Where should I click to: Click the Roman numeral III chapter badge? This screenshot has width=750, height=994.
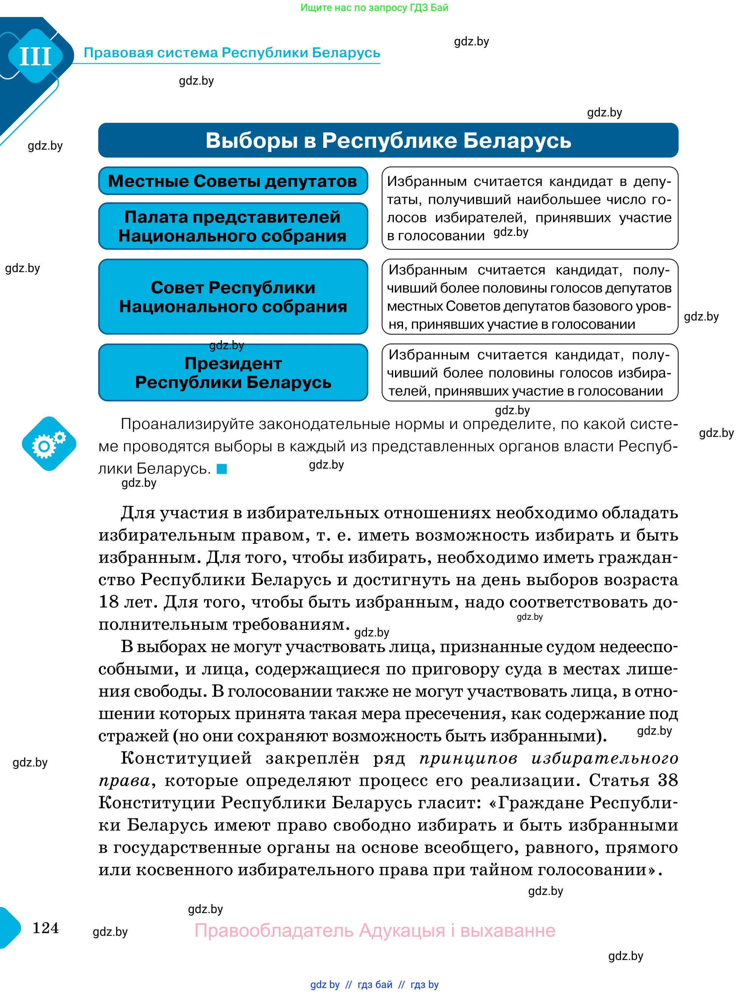click(36, 56)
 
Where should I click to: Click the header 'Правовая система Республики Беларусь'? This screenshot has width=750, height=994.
click(231, 53)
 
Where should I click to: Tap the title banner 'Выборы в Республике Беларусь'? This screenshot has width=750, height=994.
click(388, 140)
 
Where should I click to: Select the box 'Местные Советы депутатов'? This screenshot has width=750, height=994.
click(233, 181)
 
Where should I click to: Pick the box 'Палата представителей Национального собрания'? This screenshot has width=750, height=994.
click(233, 226)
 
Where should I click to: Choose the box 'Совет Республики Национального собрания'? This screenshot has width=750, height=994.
click(233, 297)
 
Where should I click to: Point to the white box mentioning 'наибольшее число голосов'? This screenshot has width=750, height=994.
click(529, 208)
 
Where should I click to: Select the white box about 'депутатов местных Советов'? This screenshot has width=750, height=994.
click(529, 297)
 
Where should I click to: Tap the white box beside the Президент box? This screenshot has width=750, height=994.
click(529, 373)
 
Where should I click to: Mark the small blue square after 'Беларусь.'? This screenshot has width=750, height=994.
click(222, 469)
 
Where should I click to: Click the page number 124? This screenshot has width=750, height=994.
click(45, 927)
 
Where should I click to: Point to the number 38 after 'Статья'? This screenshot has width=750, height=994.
click(667, 780)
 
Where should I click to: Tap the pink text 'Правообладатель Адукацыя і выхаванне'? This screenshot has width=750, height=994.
click(374, 930)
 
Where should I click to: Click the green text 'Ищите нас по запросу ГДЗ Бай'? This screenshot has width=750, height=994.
click(374, 8)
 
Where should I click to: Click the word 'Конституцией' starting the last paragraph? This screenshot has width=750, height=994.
click(186, 759)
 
